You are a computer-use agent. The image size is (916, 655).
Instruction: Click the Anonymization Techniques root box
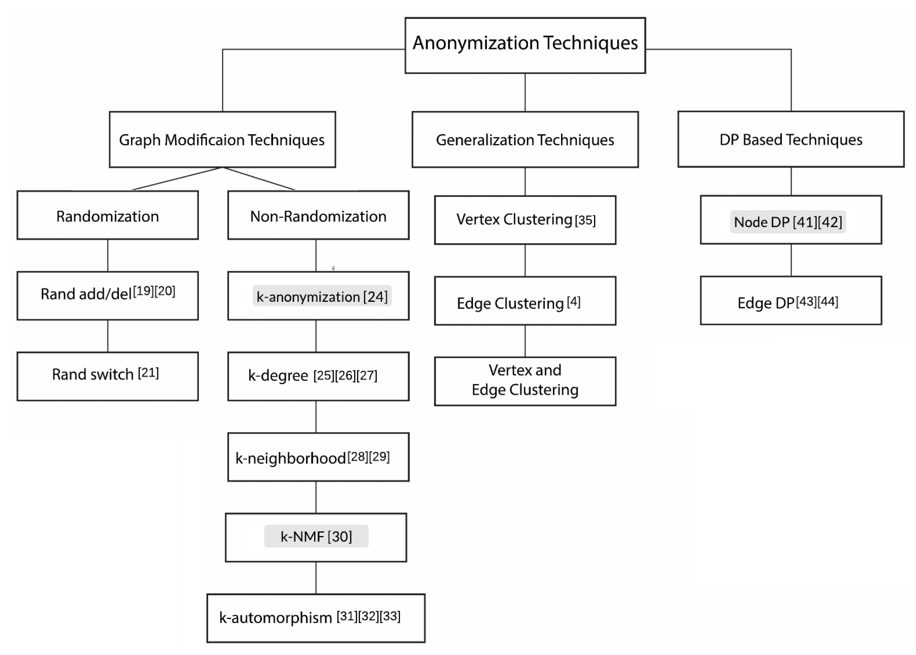pos(525,45)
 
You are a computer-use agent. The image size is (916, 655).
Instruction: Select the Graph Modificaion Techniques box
pos(222,140)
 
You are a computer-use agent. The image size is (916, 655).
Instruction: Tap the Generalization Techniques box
pos(525,140)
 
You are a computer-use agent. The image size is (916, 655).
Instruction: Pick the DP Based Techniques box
pos(791,139)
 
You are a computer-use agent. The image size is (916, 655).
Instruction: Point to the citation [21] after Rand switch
pos(148,373)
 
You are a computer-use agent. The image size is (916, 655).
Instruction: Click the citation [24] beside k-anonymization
pos(375,297)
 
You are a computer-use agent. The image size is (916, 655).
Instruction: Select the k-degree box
pos(318,376)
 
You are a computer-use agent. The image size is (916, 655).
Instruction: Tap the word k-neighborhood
pos(291,458)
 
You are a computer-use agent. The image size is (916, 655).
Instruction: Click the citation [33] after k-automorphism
pos(390,616)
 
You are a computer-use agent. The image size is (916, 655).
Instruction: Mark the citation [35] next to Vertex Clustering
pos(585,220)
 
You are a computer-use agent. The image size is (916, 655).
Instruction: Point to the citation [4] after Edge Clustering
pos(574,302)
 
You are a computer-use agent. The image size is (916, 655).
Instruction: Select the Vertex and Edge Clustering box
pos(525,381)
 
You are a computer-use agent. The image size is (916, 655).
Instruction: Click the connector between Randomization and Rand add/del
pos(108,255)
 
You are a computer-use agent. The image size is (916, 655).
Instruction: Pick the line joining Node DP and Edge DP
pos(791,260)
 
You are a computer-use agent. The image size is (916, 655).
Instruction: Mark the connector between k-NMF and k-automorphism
pos(316,578)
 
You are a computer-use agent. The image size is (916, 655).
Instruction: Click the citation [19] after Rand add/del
pos(143,291)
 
